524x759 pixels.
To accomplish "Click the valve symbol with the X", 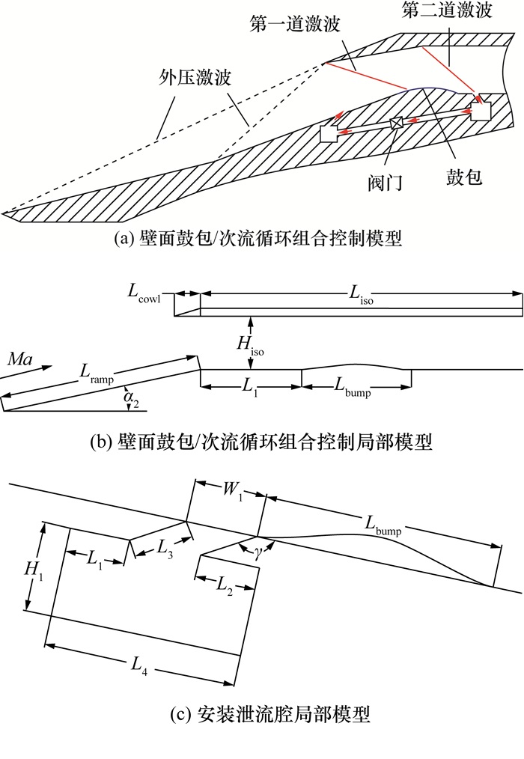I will pos(397,124).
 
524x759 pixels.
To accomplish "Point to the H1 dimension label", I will pos(33,570).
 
